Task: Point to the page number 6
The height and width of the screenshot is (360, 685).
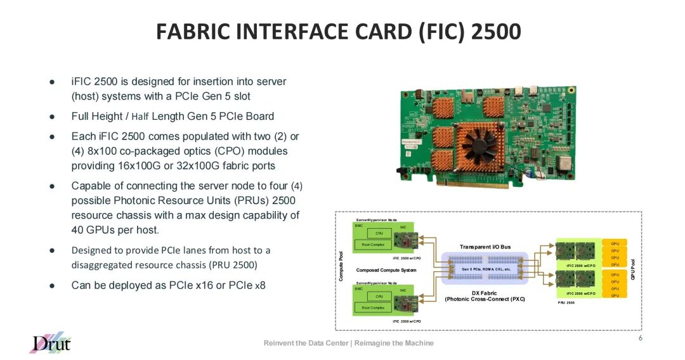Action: pyautogui.click(x=641, y=338)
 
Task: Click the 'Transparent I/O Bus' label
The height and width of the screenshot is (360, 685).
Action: pyautogui.click(x=485, y=247)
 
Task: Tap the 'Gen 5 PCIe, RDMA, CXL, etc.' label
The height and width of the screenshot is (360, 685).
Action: pyautogui.click(x=486, y=269)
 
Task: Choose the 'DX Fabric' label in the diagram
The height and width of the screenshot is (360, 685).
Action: pyautogui.click(x=485, y=293)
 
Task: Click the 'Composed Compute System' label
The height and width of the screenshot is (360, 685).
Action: pyautogui.click(x=386, y=270)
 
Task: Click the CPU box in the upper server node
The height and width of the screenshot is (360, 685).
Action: pyautogui.click(x=379, y=233)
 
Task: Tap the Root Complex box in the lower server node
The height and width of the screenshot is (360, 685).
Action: pyautogui.click(x=373, y=307)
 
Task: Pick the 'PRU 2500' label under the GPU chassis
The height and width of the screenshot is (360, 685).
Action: pyautogui.click(x=566, y=303)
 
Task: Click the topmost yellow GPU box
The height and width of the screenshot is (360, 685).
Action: pyautogui.click(x=615, y=243)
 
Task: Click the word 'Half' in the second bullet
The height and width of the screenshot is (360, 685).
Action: pyautogui.click(x=141, y=117)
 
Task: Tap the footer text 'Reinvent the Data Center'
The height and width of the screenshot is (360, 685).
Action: pyautogui.click(x=306, y=343)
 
